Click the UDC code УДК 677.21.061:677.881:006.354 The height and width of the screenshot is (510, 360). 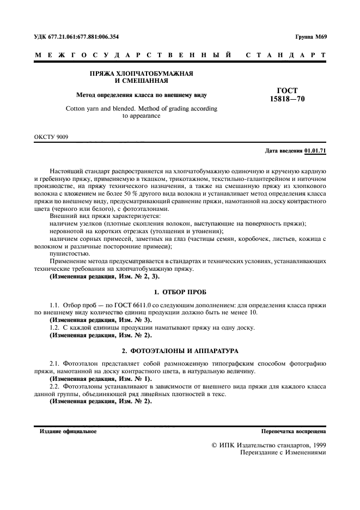[x=77, y=37]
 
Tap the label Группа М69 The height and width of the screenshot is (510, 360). [x=310, y=37]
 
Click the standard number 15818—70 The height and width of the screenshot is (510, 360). [x=286, y=99]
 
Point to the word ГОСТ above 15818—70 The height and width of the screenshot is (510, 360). [x=287, y=91]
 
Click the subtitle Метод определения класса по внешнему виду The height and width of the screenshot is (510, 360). [x=141, y=94]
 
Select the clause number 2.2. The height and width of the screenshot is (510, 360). [x=55, y=386]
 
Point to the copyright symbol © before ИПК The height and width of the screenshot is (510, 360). [x=215, y=445]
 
